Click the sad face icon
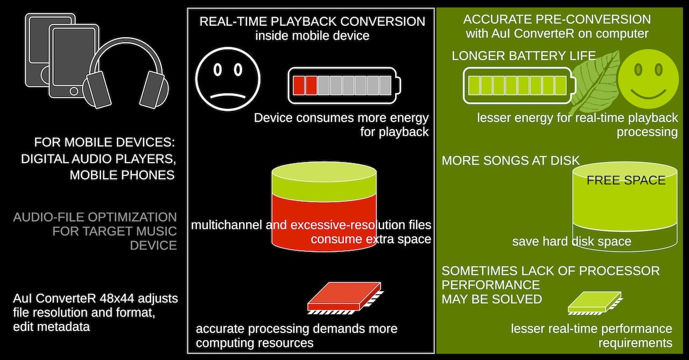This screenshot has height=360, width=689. point(228,79)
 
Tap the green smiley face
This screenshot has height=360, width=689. point(649,79)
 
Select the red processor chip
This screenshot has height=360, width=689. point(345,298)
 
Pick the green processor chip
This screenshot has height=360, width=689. point(595,303)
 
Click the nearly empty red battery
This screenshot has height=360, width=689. point(344,85)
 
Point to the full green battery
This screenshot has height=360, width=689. point(519,86)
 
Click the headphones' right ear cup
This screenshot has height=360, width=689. point(154,90)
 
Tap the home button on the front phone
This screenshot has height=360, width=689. point(74,91)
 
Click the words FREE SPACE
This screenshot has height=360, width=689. point(626,180)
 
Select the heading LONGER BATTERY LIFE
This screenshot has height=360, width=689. point(524,55)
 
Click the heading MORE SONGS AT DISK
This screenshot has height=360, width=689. point(511,160)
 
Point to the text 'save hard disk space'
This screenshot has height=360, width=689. point(572,241)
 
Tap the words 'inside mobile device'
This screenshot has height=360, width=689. point(312,36)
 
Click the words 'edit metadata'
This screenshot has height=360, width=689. point(51,327)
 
